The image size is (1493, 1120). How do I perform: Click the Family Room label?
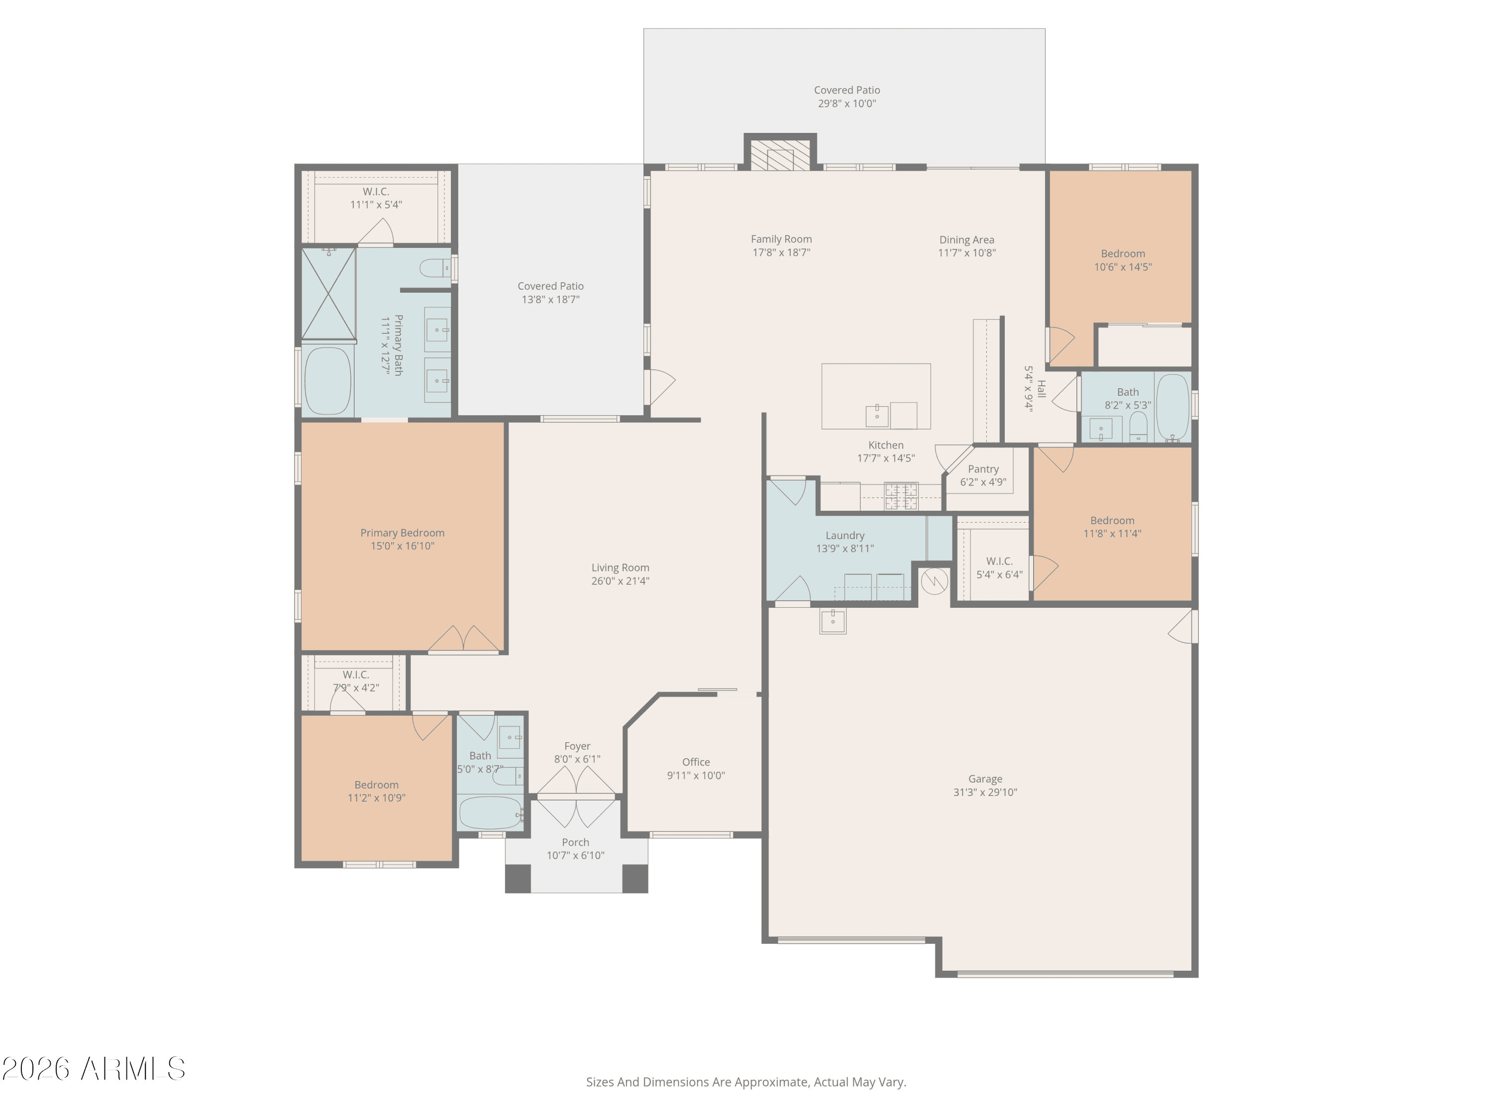tap(781, 239)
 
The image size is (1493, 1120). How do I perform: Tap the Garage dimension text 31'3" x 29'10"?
tap(985, 792)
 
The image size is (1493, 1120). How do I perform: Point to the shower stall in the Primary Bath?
tap(328, 293)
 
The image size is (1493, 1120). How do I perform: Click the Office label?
tap(696, 762)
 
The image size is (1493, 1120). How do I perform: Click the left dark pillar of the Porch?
tap(518, 878)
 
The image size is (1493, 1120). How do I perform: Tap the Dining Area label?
tap(966, 239)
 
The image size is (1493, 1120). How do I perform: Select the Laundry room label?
tap(845, 535)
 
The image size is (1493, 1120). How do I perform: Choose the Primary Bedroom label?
tap(402, 533)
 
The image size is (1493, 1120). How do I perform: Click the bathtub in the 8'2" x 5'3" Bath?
tap(1173, 407)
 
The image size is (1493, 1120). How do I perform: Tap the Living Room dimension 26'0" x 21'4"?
tap(620, 580)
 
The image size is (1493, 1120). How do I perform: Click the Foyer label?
tap(577, 746)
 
